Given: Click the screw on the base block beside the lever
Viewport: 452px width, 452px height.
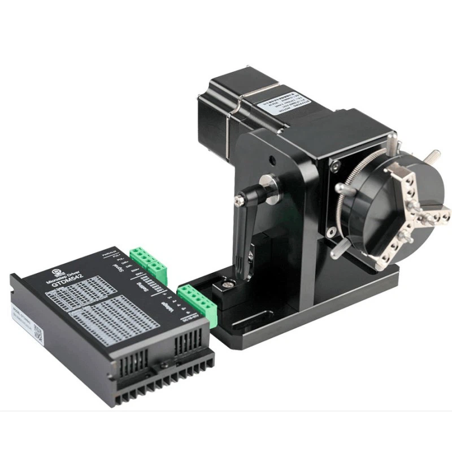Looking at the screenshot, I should tap(227, 286).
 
